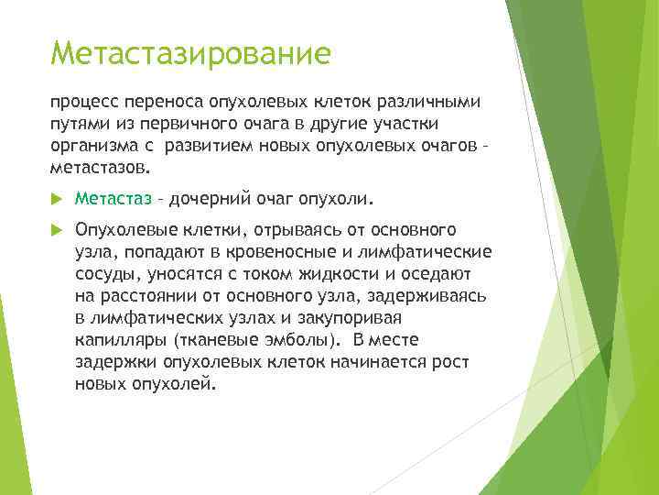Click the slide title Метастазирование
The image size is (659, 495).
point(190,52)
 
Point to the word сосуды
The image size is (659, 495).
point(105,273)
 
